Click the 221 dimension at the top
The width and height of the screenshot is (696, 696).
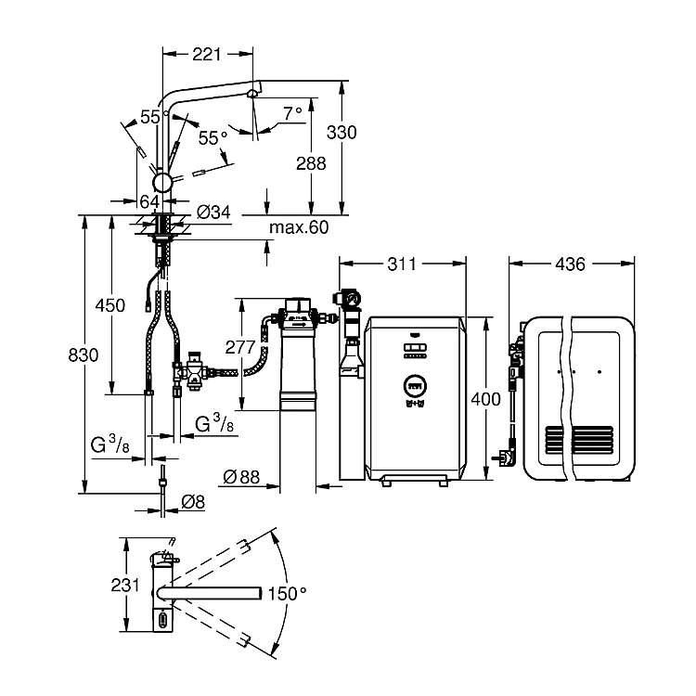206,54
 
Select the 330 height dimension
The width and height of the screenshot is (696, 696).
342,133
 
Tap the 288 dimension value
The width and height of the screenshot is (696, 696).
311,163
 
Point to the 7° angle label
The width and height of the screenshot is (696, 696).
293,113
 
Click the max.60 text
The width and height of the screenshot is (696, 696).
299,227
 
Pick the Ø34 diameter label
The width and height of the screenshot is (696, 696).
213,213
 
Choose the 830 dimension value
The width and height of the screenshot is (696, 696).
84,355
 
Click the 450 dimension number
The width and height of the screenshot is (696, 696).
110,305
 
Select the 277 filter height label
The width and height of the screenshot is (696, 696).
240,347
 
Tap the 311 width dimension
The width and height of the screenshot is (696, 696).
402,264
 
